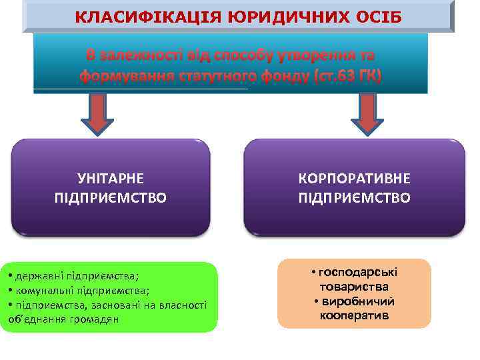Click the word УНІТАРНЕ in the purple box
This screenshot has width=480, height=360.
tap(111, 179)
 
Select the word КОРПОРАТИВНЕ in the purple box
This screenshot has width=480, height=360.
tap(354, 179)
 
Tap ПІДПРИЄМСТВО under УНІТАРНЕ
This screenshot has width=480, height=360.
tap(111, 198)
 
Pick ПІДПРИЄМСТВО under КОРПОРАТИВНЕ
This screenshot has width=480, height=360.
tap(354, 198)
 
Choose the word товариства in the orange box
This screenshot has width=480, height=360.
tap(354, 287)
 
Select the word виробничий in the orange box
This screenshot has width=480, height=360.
tap(359, 301)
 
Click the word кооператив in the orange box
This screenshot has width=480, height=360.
tap(354, 315)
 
